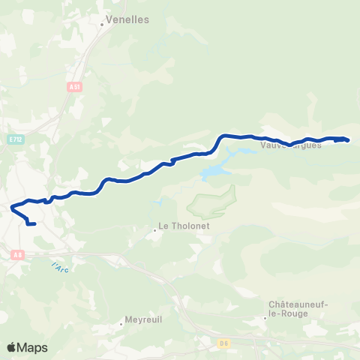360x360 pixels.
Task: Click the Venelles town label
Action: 129,19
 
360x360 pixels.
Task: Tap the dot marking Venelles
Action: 101,24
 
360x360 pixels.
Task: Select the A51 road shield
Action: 74,87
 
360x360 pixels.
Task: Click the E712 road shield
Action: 16,139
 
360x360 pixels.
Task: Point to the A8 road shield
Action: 18,255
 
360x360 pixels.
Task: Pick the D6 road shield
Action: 224,343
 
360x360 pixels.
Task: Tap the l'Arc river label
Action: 60,267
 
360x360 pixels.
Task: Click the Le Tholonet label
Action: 181,226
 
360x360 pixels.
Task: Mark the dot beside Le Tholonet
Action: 154,230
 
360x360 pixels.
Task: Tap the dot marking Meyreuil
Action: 121,324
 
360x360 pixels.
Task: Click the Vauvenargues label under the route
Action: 291,145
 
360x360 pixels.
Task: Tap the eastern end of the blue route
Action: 348,140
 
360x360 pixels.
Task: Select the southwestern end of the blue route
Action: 34,223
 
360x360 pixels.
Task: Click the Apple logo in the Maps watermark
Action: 12,347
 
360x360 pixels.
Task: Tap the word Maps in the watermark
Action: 33,347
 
